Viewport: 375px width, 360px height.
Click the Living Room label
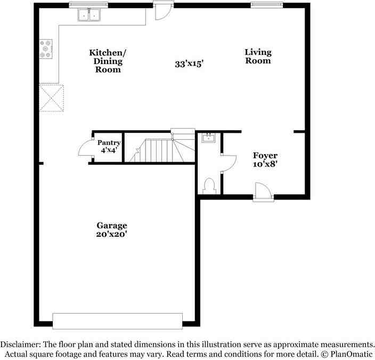coord(258,57)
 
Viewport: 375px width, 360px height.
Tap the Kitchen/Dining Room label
coord(108,61)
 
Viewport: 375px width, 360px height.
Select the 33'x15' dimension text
coord(189,64)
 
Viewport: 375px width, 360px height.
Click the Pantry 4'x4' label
coord(109,147)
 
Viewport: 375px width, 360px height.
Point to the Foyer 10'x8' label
coord(265,159)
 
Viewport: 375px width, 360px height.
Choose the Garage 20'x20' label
coord(111,229)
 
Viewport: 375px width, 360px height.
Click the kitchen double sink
coord(89,16)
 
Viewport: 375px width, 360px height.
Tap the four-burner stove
coord(46,49)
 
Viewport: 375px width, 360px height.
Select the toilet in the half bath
coord(208,186)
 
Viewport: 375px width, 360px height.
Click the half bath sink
coord(208,139)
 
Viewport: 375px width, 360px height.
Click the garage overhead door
coord(117,321)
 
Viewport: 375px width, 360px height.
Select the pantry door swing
coord(85,148)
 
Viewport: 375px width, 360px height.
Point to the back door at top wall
coord(161,11)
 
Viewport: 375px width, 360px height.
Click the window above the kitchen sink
coord(89,5)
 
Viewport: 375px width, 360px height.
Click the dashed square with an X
coord(52,98)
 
